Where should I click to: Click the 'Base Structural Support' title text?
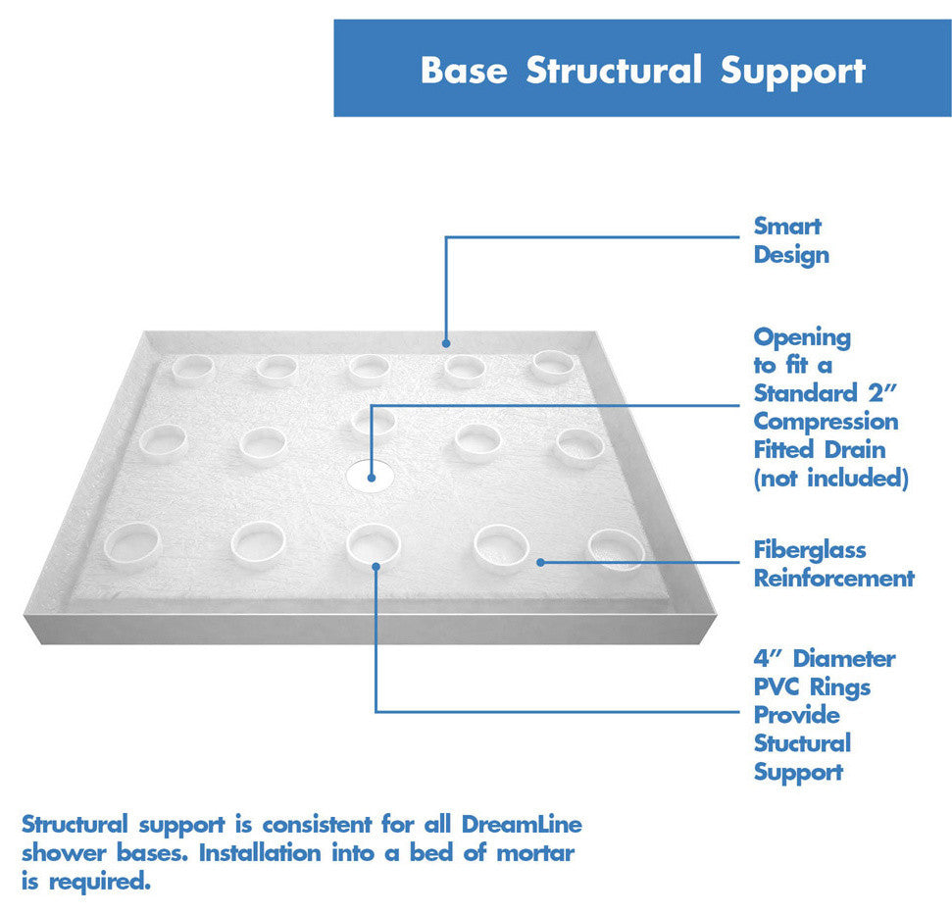642,71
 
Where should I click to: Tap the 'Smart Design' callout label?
790,240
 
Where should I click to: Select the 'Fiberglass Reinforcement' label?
833,564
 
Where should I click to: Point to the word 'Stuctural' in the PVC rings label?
802,743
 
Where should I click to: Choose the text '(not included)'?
830,479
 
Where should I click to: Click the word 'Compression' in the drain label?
826,422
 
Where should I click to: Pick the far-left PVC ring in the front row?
131,544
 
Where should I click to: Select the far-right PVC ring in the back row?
553,366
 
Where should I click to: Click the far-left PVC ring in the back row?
191,368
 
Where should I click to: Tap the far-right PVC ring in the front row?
617,549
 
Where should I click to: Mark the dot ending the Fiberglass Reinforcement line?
540,562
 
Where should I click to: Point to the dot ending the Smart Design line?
445,343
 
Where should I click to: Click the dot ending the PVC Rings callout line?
376,565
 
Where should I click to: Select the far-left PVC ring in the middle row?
162,441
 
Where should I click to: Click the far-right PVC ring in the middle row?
577,446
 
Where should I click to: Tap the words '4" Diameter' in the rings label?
824,658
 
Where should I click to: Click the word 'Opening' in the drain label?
802,337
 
